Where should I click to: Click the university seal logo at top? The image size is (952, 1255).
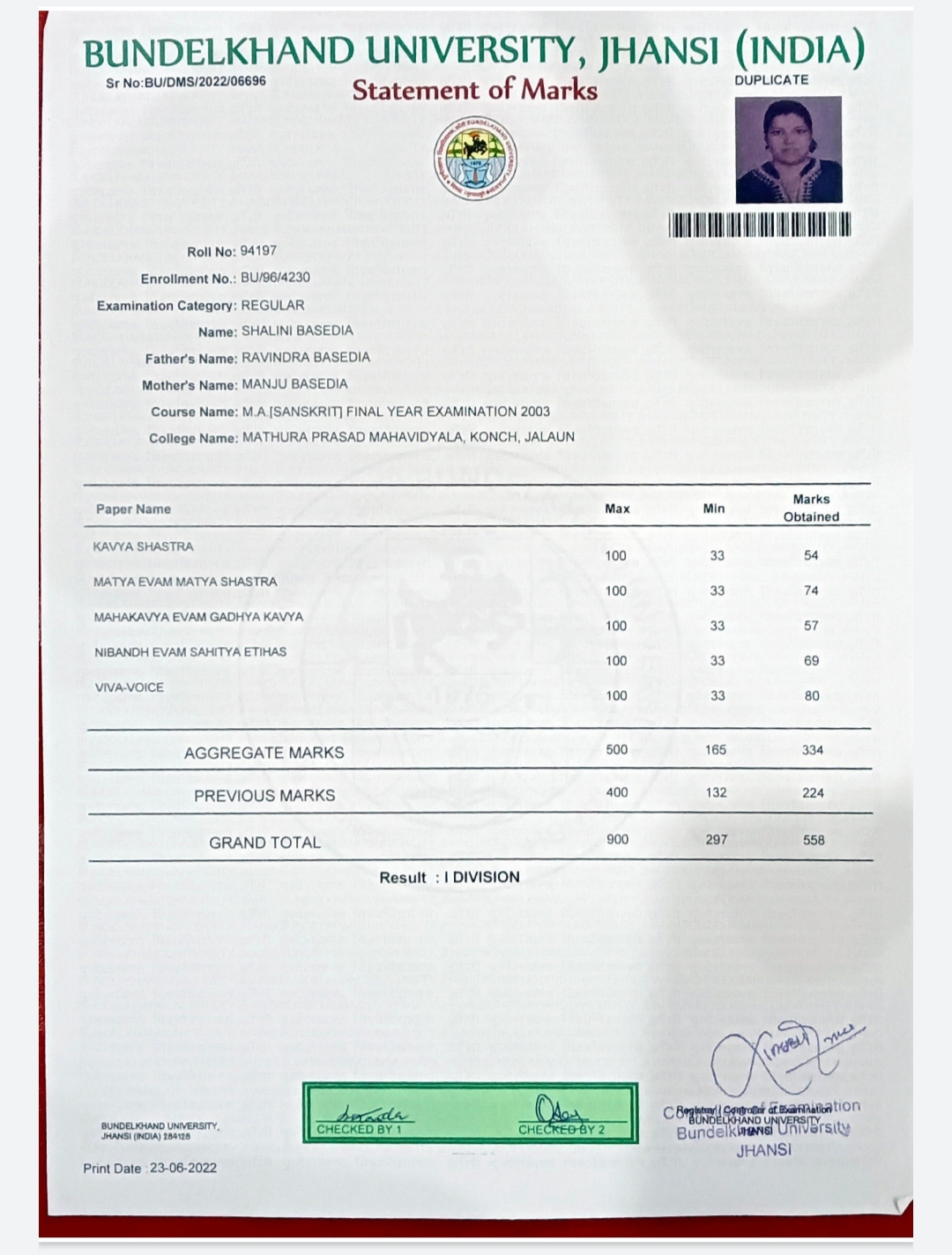[x=475, y=159]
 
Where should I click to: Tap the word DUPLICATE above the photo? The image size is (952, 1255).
[x=771, y=79]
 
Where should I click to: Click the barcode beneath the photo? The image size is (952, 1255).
[x=761, y=225]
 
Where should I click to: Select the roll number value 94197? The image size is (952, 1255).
[x=258, y=251]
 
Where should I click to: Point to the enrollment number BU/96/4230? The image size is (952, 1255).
[x=276, y=278]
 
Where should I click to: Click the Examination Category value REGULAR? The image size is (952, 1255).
[x=273, y=305]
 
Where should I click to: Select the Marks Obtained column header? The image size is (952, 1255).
[x=811, y=508]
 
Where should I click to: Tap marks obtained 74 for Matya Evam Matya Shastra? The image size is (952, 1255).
[x=811, y=590]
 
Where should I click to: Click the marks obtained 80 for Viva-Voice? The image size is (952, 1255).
[x=812, y=695]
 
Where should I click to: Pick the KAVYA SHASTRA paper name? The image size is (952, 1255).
[x=143, y=546]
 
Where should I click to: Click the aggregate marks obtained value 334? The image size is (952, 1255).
[x=813, y=750]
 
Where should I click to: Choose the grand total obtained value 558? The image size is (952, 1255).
[x=814, y=840]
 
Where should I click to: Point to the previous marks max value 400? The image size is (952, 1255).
[x=617, y=792]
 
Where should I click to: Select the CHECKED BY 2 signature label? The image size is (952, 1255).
[x=562, y=1129]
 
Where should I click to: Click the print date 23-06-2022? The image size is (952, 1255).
[x=183, y=1168]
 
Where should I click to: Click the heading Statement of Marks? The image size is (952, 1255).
[x=474, y=90]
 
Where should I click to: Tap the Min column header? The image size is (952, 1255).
[x=714, y=508]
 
